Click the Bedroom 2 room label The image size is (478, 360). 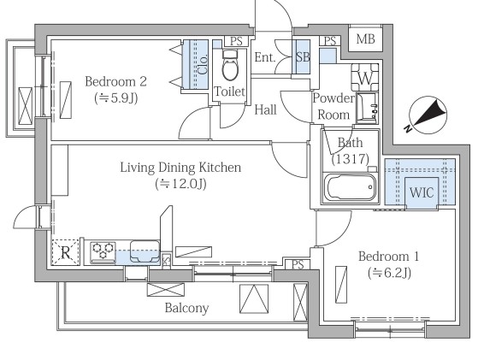[115, 82]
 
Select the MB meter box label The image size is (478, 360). [365, 39]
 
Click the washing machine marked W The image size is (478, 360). [365, 78]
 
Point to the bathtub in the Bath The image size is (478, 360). [351, 187]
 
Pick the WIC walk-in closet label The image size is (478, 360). [422, 192]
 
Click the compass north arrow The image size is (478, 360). [428, 115]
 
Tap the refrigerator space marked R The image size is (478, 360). [65, 252]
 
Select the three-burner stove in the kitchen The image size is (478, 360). [103, 251]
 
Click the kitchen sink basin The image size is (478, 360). [145, 251]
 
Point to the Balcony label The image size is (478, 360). [187, 308]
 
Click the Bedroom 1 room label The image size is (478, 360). [389, 257]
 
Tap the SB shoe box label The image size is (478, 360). [303, 57]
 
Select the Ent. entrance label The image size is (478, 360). [265, 57]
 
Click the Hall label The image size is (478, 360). [266, 109]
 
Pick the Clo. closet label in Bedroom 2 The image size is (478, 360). [203, 64]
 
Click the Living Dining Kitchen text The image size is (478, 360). [180, 168]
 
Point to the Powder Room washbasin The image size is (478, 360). [367, 109]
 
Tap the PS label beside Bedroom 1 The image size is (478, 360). [298, 264]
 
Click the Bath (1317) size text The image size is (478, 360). [351, 159]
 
